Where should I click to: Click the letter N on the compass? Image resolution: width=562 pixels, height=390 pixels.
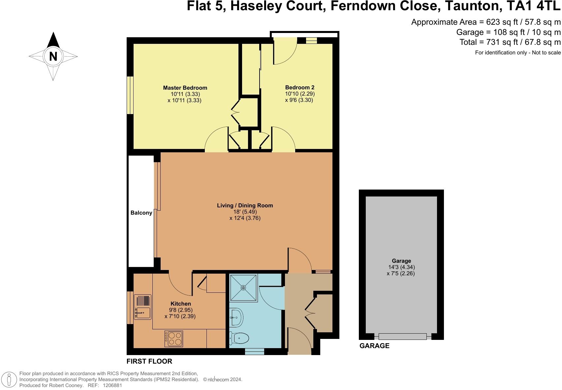[x=53, y=56]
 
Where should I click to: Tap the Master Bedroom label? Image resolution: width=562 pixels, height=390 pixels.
[x=185, y=88]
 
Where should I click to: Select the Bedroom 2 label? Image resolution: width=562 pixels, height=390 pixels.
[x=299, y=88]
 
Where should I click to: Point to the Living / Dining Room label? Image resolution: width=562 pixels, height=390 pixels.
[x=245, y=205]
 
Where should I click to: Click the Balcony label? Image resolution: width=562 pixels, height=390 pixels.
[x=141, y=213]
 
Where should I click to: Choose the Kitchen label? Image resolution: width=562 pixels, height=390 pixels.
[x=181, y=304]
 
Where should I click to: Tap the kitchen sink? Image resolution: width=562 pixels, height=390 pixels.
[x=142, y=307]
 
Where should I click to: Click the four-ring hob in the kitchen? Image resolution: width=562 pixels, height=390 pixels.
[x=173, y=339]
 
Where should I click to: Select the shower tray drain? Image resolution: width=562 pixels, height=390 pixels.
[x=243, y=288]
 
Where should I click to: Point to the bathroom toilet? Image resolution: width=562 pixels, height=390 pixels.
[x=239, y=338]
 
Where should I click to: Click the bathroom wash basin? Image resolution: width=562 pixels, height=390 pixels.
[x=236, y=317]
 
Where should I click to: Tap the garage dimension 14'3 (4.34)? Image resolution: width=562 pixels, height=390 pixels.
[x=401, y=267]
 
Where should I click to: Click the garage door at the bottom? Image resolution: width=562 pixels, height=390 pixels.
[x=402, y=336]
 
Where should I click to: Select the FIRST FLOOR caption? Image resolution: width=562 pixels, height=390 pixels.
[x=149, y=361]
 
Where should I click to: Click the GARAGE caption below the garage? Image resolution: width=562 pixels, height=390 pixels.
[x=374, y=345]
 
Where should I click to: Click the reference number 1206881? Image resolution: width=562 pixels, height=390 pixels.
[x=112, y=385]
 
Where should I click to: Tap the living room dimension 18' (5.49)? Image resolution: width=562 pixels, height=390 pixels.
[x=245, y=212]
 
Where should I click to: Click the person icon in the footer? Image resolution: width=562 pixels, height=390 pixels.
[x=9, y=379]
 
